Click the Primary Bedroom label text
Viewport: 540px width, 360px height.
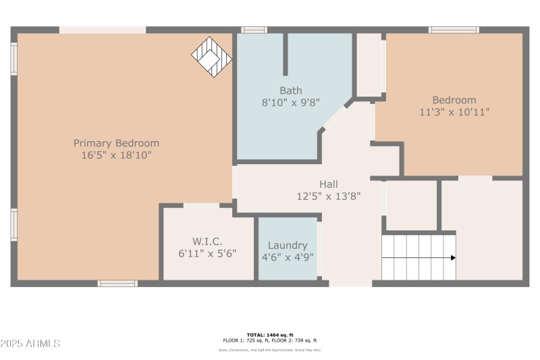click(116, 143)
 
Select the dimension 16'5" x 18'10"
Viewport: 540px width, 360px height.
click(116, 155)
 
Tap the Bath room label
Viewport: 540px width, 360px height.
click(291, 91)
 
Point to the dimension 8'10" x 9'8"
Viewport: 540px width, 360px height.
click(291, 103)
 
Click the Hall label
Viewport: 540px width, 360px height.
click(329, 184)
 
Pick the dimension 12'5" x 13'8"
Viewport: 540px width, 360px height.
click(329, 197)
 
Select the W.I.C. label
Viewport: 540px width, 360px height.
click(207, 241)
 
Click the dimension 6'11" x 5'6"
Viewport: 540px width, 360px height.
click(207, 253)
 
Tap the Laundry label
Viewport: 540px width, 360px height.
click(288, 245)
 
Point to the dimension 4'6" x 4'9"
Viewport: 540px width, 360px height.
click(288, 257)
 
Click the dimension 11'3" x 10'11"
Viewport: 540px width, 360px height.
click(454, 112)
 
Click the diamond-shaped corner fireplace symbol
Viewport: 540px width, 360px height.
click(211, 56)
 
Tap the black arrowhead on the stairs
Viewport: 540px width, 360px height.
click(453, 257)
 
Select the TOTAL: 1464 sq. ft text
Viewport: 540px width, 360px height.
click(270, 335)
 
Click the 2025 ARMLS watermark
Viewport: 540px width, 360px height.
click(30, 344)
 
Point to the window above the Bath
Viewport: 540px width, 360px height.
click(254, 30)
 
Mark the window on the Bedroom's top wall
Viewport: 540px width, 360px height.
click(454, 30)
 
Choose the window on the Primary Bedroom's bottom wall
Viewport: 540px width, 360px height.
click(117, 284)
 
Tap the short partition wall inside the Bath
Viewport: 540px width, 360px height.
click(286, 54)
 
